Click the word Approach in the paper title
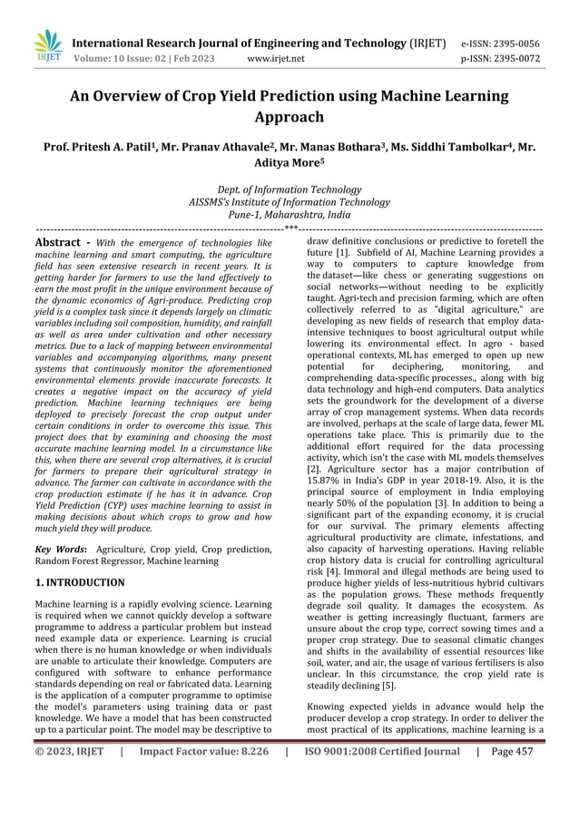point(289,117)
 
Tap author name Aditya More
point(289,166)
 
